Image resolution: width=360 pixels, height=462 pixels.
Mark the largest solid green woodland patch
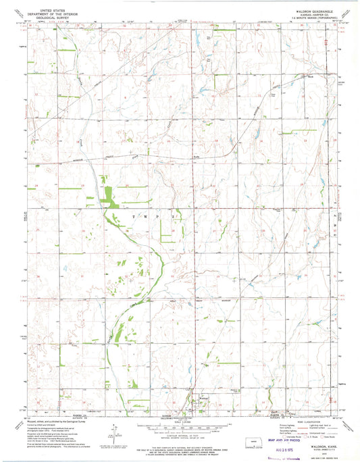106,194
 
